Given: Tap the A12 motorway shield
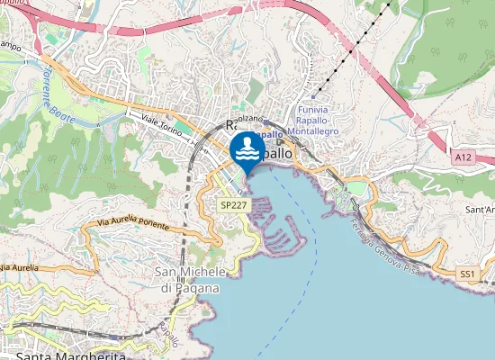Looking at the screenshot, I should (463, 157).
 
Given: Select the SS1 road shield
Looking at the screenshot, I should (466, 273).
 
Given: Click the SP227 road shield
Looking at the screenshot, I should (233, 205).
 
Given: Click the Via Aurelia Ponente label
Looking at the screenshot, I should (132, 220).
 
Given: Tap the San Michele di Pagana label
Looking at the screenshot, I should (188, 280).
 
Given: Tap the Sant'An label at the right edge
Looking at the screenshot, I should (478, 209).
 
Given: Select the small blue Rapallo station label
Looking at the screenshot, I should (267, 134).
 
